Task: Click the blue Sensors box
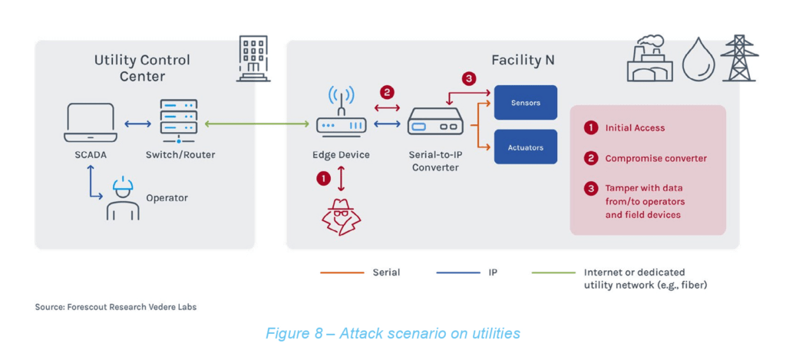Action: (x=525, y=102)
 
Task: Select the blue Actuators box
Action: (x=525, y=147)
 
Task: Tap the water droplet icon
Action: (x=698, y=61)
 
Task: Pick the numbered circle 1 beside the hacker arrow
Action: (x=323, y=178)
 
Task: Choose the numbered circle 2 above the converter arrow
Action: (x=387, y=92)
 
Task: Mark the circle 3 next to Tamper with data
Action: (x=590, y=188)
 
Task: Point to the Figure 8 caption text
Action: (x=392, y=333)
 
